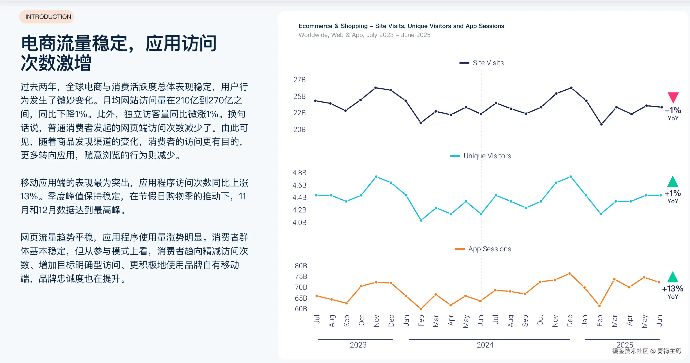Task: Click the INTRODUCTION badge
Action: click(47, 17)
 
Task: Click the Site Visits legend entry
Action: click(482, 63)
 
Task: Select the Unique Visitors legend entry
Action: click(481, 156)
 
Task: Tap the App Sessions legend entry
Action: click(483, 249)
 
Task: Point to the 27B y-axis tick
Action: click(299, 80)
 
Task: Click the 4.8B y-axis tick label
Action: click(299, 173)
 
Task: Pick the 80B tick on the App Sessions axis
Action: click(301, 266)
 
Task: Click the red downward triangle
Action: click(673, 97)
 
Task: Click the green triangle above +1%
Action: click(673, 182)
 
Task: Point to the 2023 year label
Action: click(358, 345)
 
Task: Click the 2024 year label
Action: click(485, 345)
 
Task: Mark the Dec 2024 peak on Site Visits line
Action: click(571, 88)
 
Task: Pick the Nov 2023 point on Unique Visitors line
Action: click(376, 176)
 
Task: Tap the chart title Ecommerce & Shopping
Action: click(401, 26)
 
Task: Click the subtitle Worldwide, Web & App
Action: click(364, 35)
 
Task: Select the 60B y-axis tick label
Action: click(301, 309)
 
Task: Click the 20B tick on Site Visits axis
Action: click(299, 130)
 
